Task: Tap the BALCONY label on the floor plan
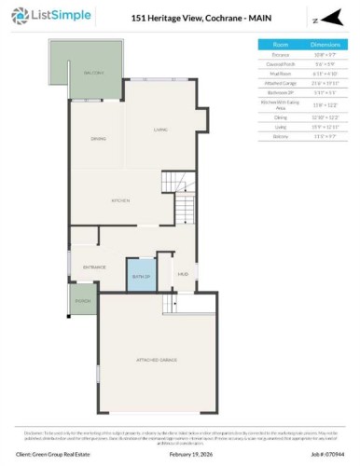[93, 72]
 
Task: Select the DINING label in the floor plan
[97, 139]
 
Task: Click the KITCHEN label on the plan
[119, 201]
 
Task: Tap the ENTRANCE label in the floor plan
[94, 267]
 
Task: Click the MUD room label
[183, 274]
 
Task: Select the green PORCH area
[83, 301]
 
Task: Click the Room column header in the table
[282, 44]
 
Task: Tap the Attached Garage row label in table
[282, 84]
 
